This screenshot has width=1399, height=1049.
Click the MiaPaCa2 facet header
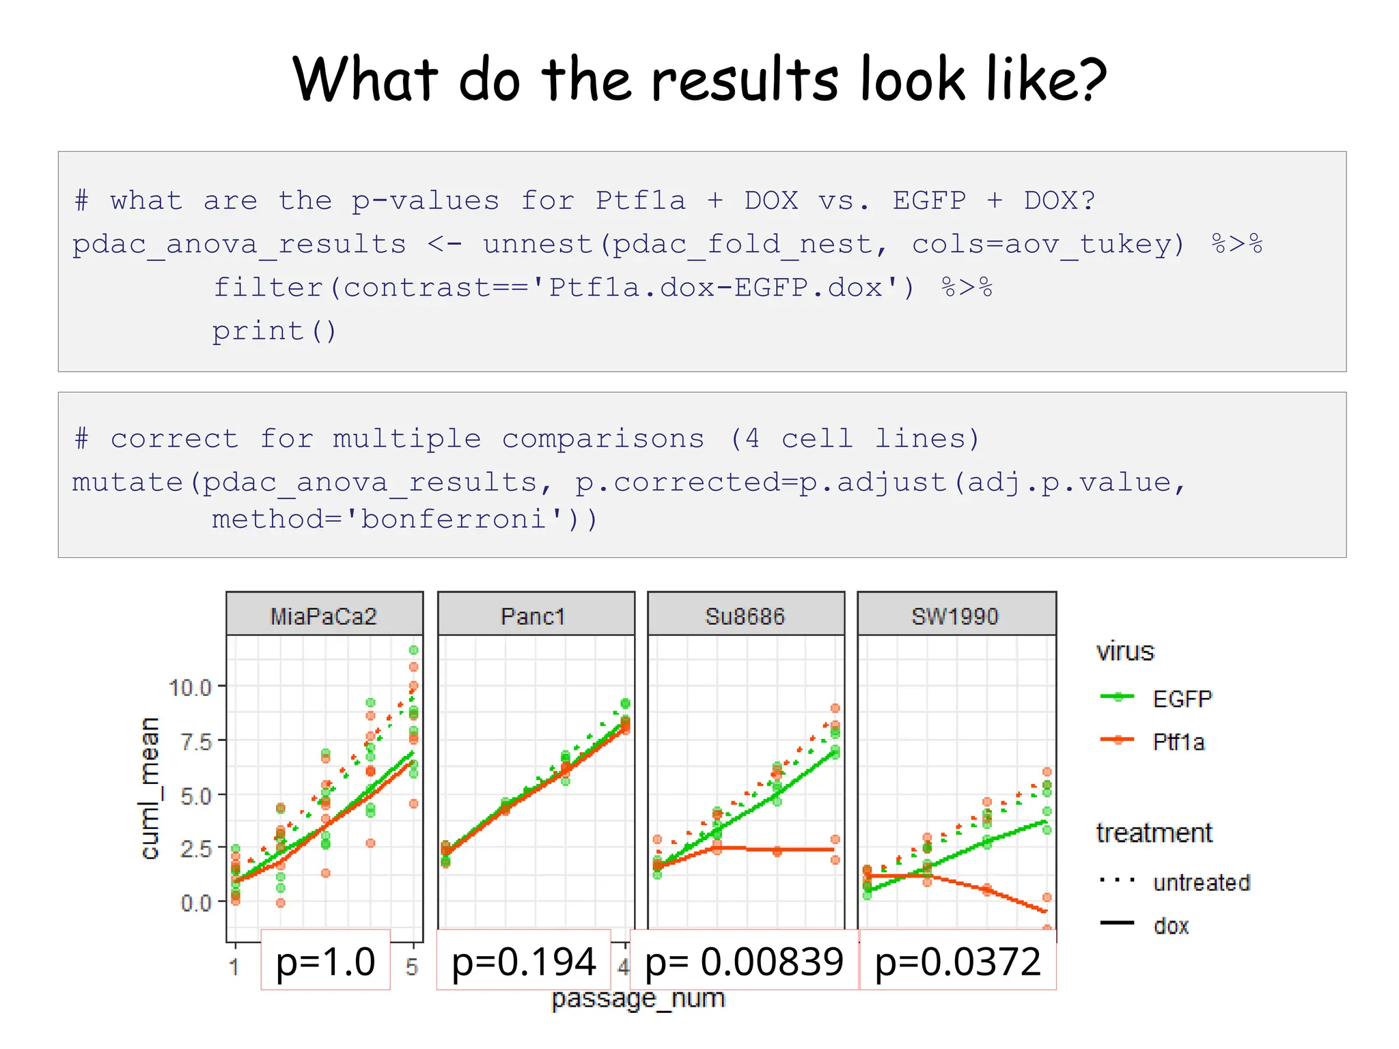(324, 616)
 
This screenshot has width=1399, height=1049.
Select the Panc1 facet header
(534, 616)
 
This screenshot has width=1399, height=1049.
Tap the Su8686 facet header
(745, 616)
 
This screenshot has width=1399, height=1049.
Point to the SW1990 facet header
(955, 616)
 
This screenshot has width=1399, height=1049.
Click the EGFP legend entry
(1182, 699)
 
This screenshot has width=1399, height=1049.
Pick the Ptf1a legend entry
(1178, 742)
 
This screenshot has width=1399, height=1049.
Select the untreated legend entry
(1201, 882)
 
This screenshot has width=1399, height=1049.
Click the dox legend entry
(1171, 926)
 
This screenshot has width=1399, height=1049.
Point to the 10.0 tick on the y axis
(190, 688)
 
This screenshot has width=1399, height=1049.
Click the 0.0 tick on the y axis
(195, 903)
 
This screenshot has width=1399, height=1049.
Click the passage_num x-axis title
(637, 998)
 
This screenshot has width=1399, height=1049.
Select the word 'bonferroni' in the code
(454, 519)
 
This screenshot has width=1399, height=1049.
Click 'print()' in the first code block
(274, 331)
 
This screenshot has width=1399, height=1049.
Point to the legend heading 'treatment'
(1154, 833)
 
